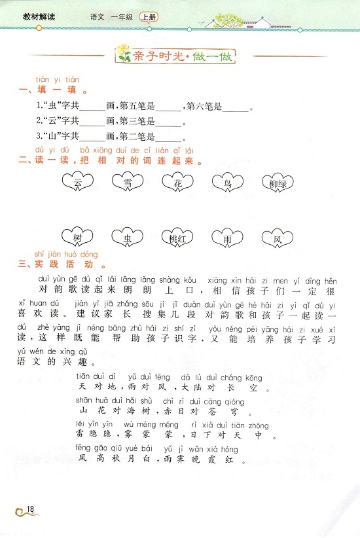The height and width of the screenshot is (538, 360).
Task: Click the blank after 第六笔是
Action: [236, 107]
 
